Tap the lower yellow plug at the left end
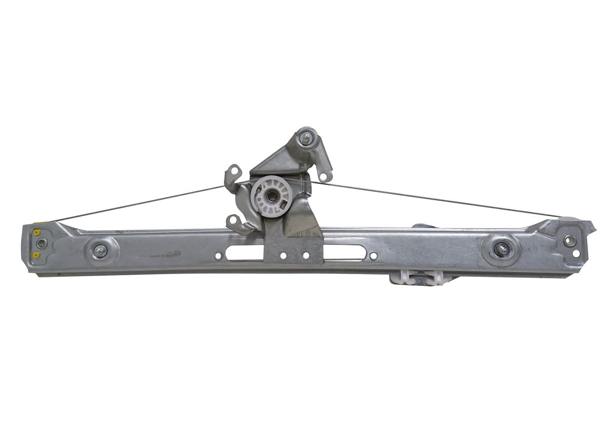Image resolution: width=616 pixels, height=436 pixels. pyautogui.click(x=37, y=255)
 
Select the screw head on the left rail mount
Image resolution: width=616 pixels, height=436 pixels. pyautogui.click(x=100, y=251)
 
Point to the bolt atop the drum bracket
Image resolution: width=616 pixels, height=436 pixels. pyautogui.click(x=306, y=138)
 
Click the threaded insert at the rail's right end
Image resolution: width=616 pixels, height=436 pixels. pyautogui.click(x=569, y=240)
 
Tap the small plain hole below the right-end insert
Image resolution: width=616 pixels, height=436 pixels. pyautogui.click(x=575, y=253)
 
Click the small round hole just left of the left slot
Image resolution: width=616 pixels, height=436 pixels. pyautogui.click(x=218, y=255)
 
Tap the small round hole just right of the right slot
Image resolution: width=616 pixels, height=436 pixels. pyautogui.click(x=373, y=256)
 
